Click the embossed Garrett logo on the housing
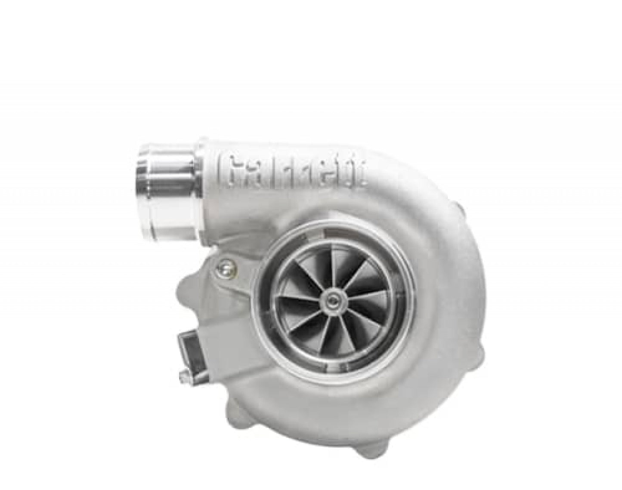(x=292, y=171)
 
